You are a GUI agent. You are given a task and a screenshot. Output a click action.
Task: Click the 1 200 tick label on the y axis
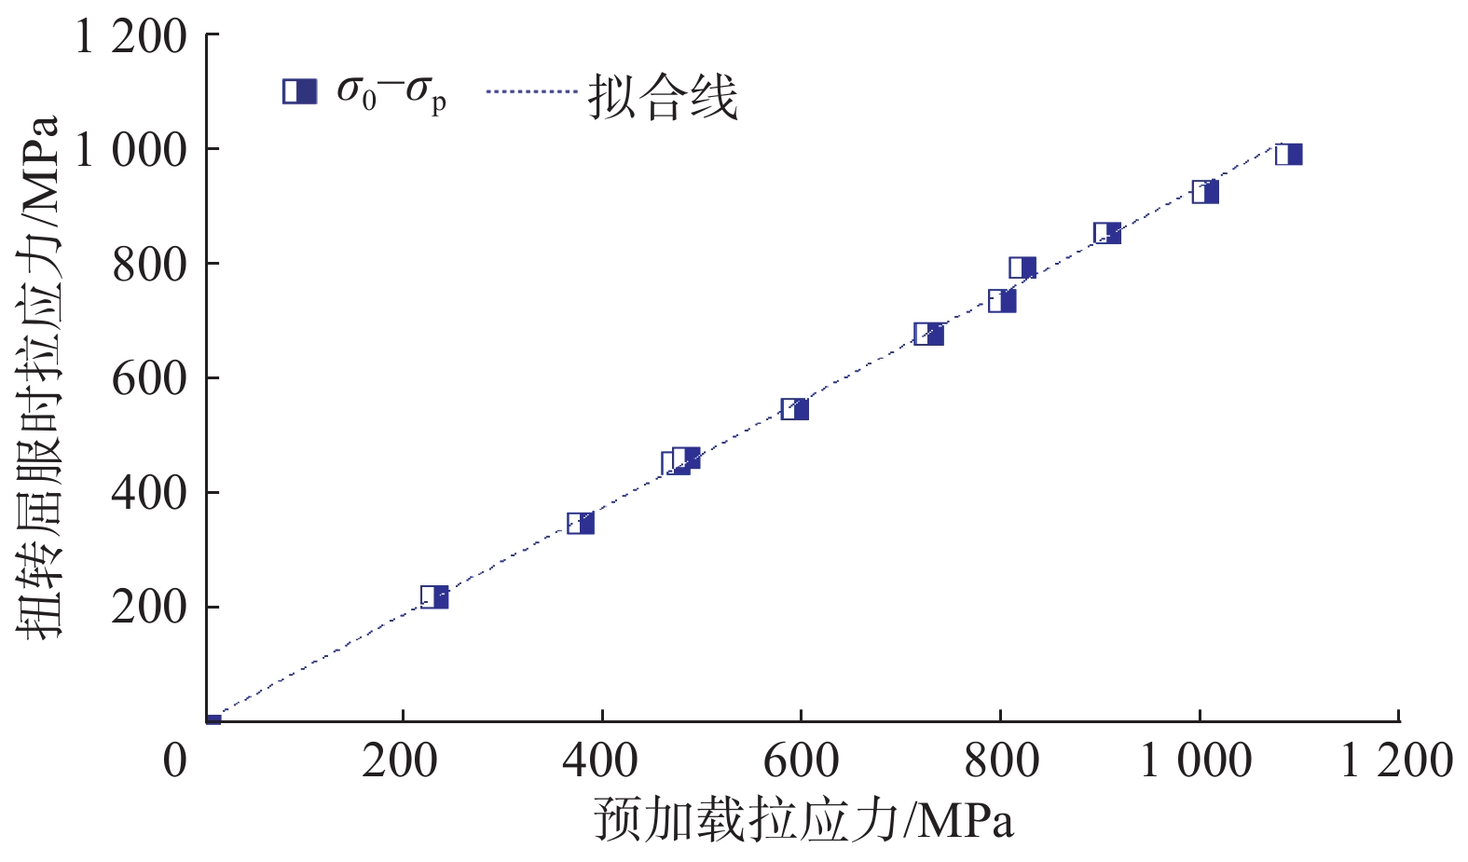tap(130, 37)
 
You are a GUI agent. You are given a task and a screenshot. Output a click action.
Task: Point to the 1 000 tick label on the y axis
tap(130, 150)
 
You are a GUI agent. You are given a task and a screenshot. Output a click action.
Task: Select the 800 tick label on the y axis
tap(149, 265)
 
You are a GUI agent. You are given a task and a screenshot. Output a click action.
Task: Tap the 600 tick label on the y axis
tap(149, 378)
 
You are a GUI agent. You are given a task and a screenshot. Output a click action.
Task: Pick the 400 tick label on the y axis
tap(149, 493)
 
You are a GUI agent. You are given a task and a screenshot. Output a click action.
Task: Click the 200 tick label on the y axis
tap(149, 608)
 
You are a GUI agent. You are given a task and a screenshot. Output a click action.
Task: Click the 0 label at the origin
tap(175, 760)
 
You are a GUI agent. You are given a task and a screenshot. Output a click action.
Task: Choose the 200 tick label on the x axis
tap(400, 760)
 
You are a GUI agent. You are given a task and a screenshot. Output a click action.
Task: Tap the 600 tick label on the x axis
tap(801, 760)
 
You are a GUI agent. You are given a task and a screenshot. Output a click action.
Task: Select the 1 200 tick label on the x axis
tap(1395, 760)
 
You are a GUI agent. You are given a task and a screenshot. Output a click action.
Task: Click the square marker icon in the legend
tap(299, 91)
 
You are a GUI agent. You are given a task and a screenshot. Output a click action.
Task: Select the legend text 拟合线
tap(663, 96)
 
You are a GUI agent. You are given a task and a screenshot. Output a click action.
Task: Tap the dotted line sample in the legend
tap(532, 91)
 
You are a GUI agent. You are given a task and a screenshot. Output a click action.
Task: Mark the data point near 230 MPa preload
tap(434, 597)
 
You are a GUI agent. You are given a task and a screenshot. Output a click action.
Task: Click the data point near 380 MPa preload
tap(581, 524)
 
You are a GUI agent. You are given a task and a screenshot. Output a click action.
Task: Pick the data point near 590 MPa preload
tap(794, 409)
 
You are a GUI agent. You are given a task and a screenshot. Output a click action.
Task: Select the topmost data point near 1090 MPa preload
tap(1288, 155)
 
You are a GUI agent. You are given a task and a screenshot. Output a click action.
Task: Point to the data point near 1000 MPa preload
tap(1205, 193)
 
